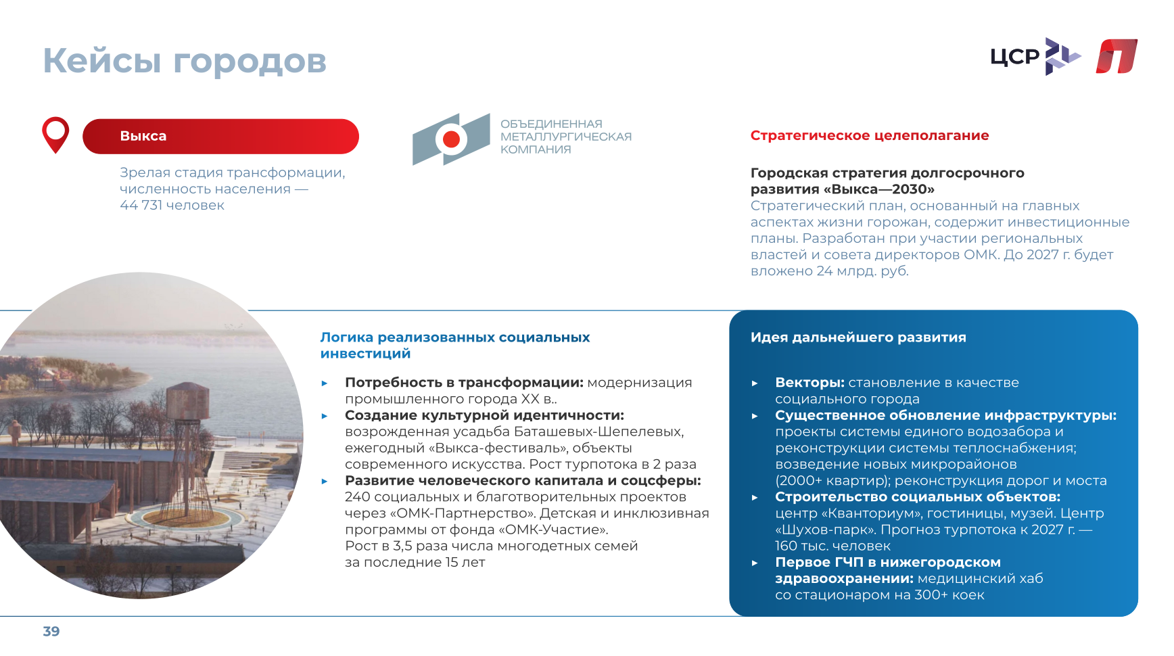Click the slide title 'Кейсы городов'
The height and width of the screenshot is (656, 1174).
click(185, 61)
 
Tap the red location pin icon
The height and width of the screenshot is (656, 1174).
click(55, 134)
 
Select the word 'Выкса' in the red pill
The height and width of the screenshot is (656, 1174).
click(143, 136)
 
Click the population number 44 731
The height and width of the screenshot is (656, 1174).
click(141, 205)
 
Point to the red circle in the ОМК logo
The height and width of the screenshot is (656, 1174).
click(451, 139)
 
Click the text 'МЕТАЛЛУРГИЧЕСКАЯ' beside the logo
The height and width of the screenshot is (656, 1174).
click(566, 137)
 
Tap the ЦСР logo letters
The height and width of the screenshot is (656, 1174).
click(1014, 57)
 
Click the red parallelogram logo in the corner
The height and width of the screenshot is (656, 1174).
click(1117, 56)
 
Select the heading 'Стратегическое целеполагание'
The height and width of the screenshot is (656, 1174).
click(870, 135)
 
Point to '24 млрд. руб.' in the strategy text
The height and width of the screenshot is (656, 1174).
click(862, 271)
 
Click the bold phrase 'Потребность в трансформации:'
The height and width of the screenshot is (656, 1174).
click(464, 382)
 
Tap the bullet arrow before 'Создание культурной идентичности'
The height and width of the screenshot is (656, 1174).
click(325, 416)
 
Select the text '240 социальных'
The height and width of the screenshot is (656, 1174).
click(397, 496)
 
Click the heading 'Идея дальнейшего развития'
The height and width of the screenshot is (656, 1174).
click(858, 337)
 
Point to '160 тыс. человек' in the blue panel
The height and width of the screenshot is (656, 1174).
click(832, 546)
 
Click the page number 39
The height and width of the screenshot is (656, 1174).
click(51, 632)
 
